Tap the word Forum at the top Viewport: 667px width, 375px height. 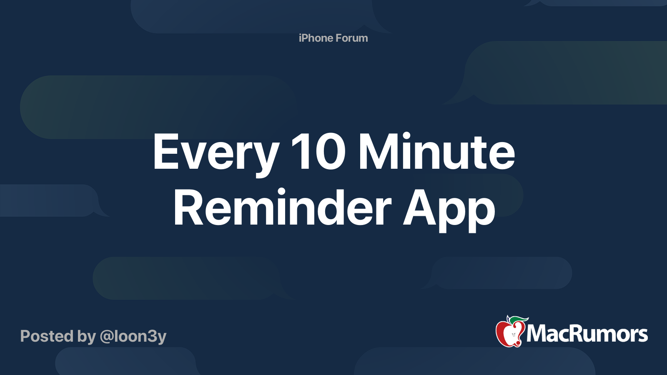coord(352,38)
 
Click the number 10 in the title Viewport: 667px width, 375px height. coord(318,152)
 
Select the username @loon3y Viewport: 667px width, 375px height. coord(133,336)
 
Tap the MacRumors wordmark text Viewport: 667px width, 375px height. coord(587,334)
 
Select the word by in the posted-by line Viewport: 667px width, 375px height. coord(86,336)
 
